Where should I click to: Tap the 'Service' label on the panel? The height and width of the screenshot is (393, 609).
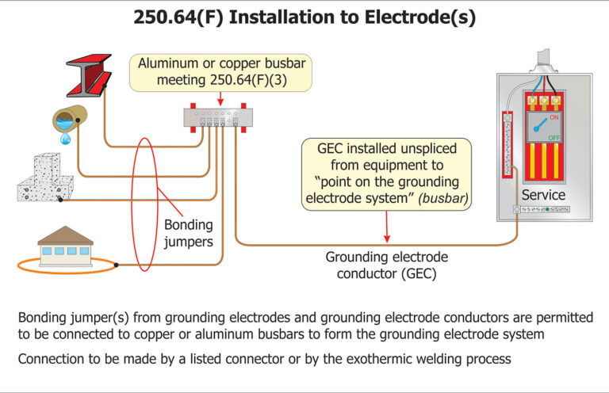(x=543, y=194)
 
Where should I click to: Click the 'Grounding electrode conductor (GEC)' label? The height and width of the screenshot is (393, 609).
(x=386, y=265)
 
